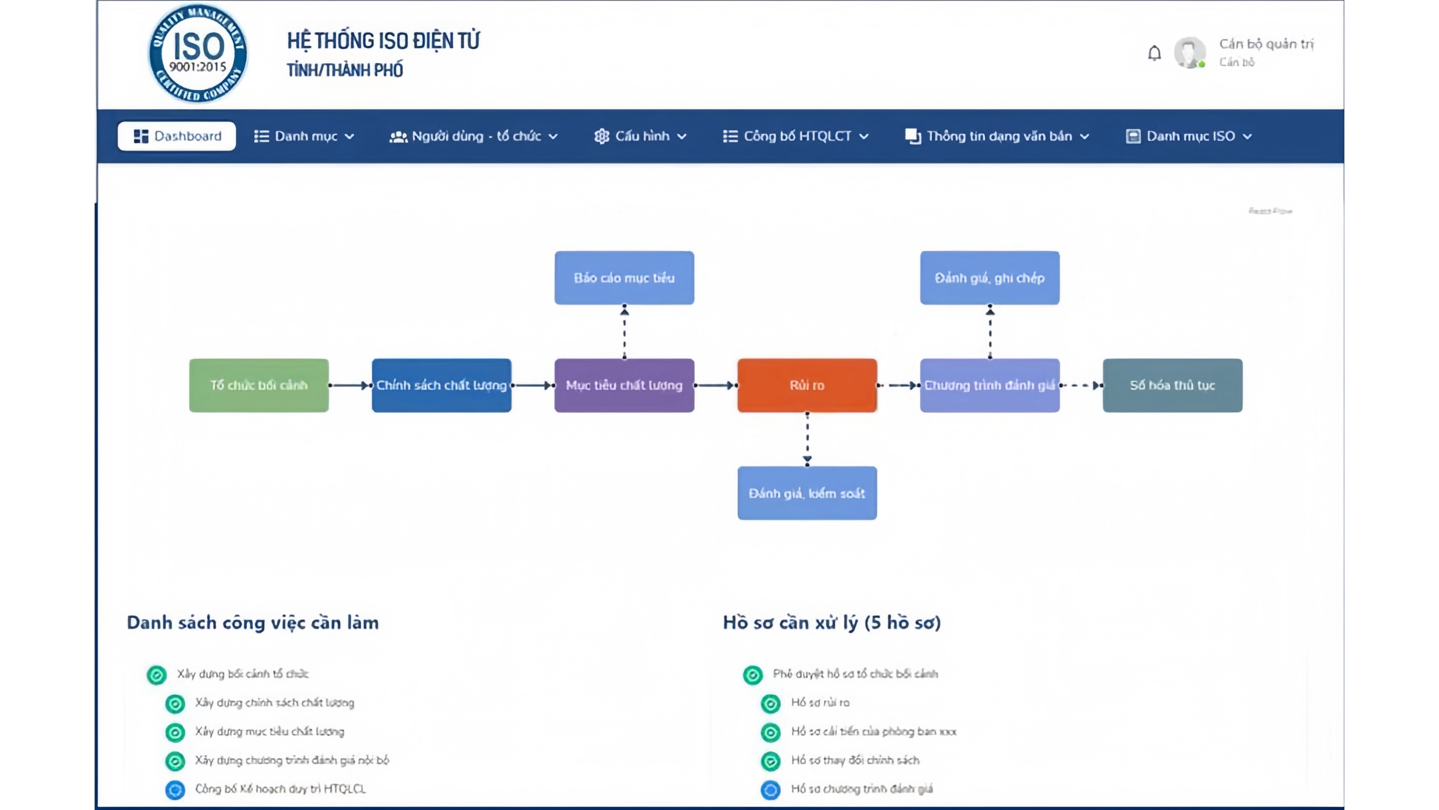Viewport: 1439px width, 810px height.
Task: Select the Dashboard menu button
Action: click(177, 136)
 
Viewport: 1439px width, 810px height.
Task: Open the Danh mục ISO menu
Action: click(1189, 136)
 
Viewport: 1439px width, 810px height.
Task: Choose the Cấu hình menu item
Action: click(641, 136)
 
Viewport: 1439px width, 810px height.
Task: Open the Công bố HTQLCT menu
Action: click(795, 136)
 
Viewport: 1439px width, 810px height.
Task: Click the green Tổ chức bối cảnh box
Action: click(259, 385)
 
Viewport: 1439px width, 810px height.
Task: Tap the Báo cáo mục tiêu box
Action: click(624, 278)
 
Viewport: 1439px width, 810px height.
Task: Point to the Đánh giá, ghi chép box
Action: click(990, 278)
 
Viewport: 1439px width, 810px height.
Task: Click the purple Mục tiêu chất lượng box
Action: click(624, 385)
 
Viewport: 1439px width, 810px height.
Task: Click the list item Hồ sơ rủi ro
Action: click(820, 703)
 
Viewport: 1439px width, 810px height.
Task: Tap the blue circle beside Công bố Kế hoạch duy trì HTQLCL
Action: click(175, 789)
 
